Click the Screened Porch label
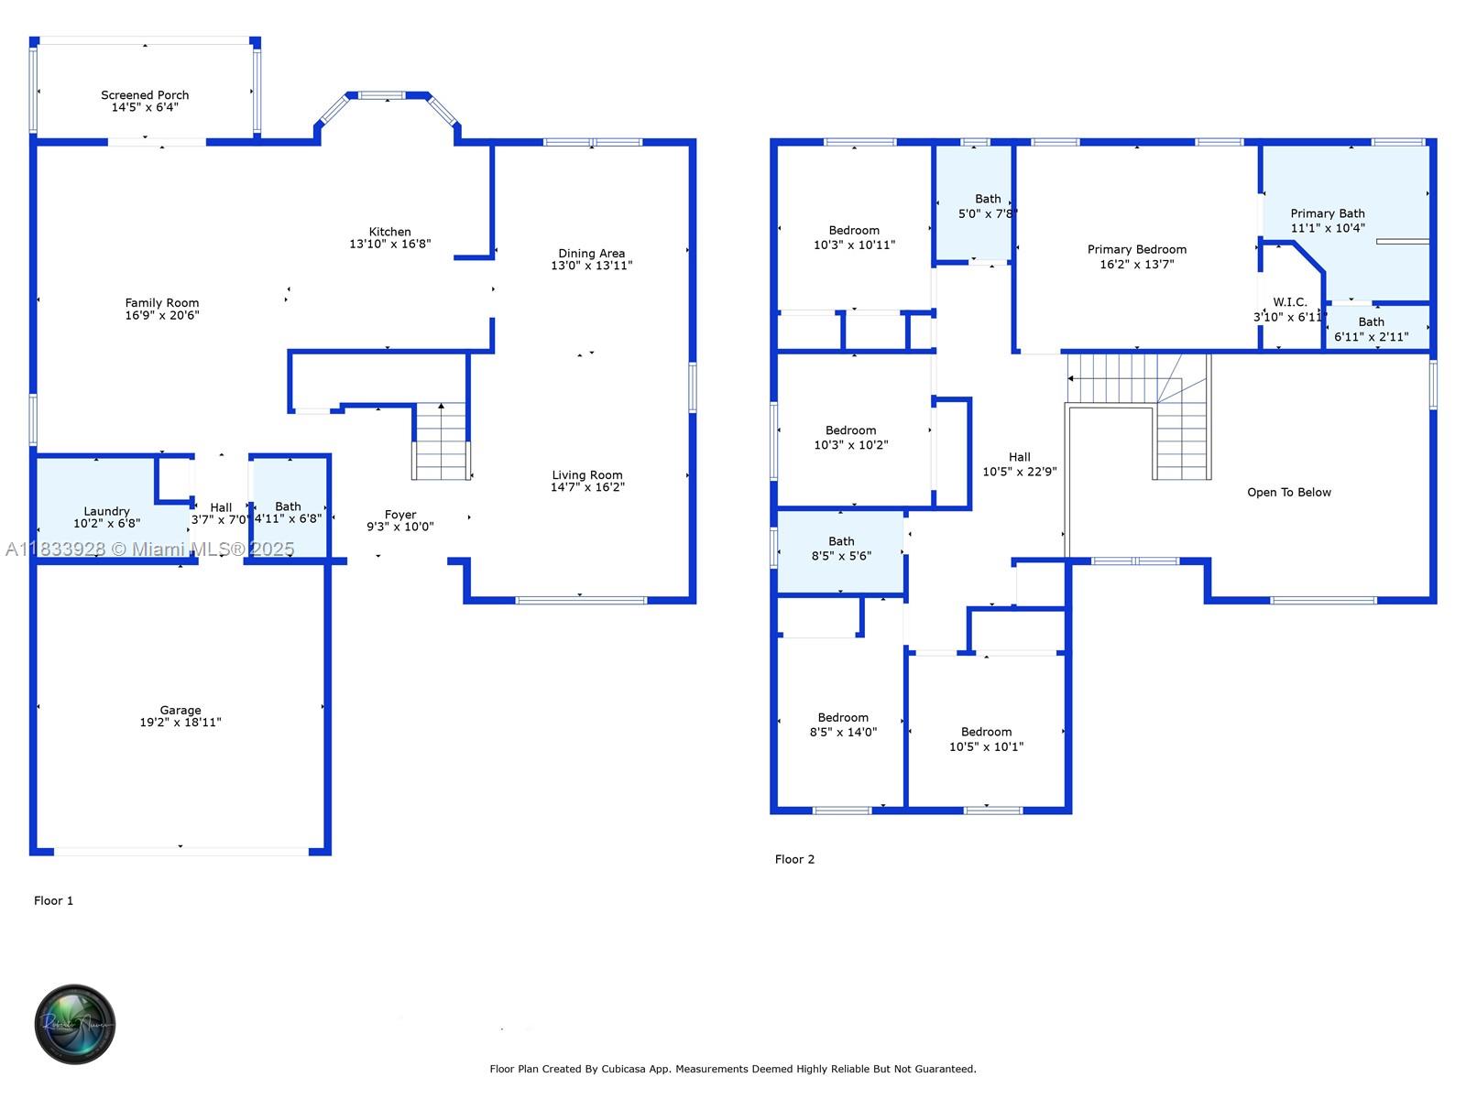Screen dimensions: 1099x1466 tap(145, 95)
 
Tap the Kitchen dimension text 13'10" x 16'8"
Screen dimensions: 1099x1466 tap(389, 245)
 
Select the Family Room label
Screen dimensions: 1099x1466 tap(162, 303)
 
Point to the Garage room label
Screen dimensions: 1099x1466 tap(181, 710)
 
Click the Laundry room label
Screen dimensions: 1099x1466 tap(106, 511)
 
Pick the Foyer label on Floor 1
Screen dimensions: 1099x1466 tap(400, 515)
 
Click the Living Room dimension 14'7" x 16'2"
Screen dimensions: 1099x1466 tap(587, 487)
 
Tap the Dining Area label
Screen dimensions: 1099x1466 tap(591, 254)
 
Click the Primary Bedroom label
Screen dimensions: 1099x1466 tap(1136, 249)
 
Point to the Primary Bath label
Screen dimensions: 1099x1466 tap(1327, 213)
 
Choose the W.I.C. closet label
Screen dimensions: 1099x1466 tap(1289, 302)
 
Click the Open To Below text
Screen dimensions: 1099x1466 tap(1288, 493)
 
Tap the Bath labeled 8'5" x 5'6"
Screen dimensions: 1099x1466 tap(841, 549)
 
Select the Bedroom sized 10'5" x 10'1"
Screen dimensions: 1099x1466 tap(986, 739)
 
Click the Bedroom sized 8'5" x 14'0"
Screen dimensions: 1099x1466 tap(843, 724)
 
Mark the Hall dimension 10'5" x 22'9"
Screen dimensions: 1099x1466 tap(1019, 472)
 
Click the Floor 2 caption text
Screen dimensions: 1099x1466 tap(794, 859)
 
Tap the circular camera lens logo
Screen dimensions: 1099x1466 tap(74, 1024)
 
